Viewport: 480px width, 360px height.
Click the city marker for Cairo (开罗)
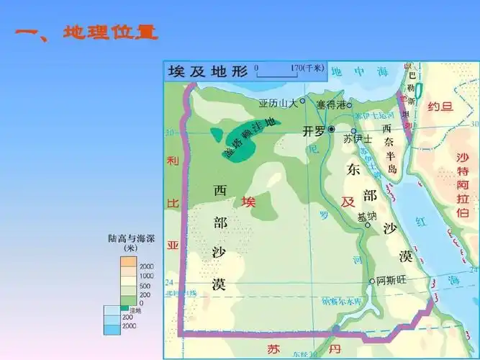point(332,129)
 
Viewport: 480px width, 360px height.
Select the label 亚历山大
point(278,103)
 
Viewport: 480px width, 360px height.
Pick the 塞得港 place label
point(330,104)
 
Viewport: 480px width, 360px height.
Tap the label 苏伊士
point(358,138)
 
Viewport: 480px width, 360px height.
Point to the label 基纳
point(367,216)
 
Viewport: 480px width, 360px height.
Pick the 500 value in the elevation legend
point(146,286)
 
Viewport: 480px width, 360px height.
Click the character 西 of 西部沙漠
point(220,192)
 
